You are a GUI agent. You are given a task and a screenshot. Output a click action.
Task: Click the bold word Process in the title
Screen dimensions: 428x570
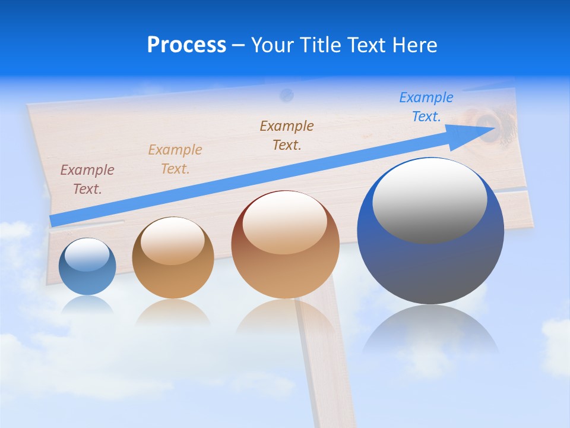186,45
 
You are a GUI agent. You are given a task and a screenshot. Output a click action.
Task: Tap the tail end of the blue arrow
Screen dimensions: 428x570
55,220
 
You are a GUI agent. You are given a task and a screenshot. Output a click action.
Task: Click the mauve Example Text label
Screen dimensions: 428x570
87,180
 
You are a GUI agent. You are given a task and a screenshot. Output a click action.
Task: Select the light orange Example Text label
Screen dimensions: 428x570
175,159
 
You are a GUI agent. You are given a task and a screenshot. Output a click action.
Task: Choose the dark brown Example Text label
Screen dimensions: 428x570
287,135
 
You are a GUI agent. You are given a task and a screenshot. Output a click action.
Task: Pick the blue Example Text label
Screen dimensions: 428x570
426,107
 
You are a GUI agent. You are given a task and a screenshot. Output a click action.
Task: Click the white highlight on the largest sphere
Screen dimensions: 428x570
429,199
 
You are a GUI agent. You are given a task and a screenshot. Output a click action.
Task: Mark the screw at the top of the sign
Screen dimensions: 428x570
287,94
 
